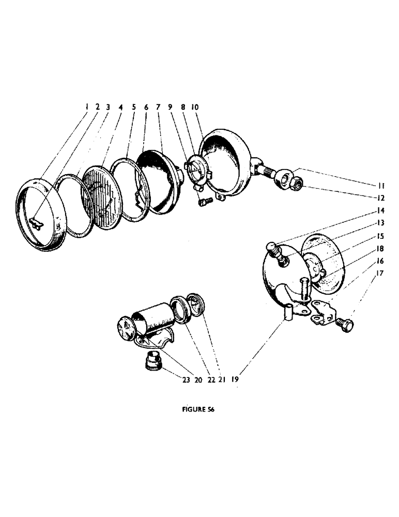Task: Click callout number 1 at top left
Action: click(87, 107)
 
